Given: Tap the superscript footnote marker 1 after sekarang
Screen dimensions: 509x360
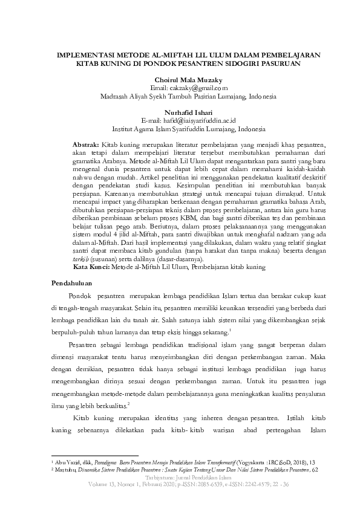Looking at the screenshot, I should tap(231, 329).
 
